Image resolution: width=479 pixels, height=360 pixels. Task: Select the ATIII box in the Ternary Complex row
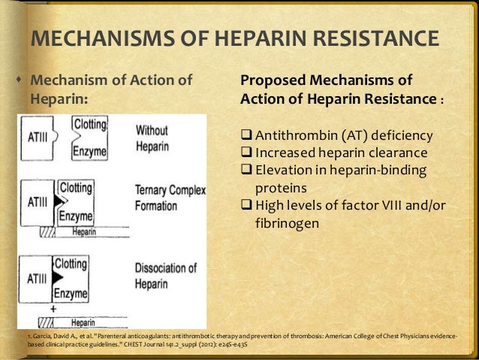pos(38,201)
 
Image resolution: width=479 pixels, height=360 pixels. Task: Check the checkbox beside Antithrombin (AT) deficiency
pos(246,136)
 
